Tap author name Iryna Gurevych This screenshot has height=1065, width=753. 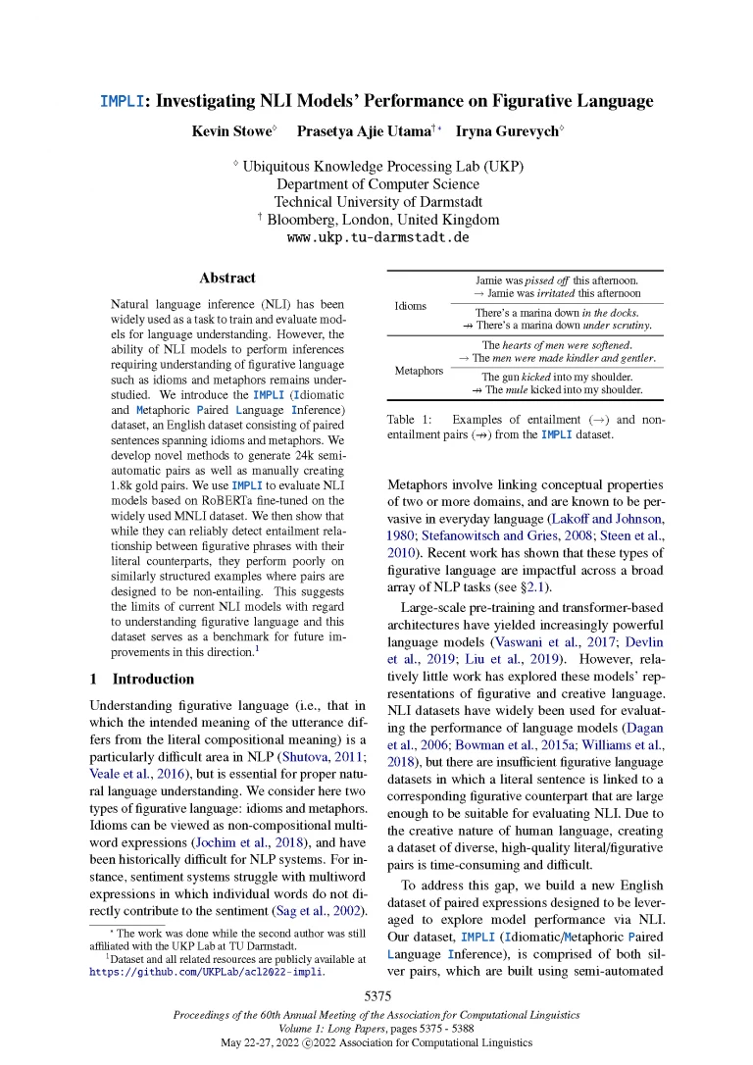tap(510, 130)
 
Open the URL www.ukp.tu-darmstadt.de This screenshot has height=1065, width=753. tap(377, 237)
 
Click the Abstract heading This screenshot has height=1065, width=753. tap(226, 279)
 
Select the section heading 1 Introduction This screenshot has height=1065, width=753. tap(141, 679)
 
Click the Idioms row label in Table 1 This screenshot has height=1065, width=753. tap(410, 306)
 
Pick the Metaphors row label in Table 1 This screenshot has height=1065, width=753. tap(419, 371)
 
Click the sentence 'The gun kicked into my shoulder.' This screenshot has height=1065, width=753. tap(556, 377)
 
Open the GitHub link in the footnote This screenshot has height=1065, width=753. tap(207, 973)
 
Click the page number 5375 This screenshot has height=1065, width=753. tap(377, 996)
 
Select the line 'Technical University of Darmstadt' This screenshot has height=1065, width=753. tap(377, 202)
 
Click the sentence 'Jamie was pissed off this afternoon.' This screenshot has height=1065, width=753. tap(556, 280)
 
